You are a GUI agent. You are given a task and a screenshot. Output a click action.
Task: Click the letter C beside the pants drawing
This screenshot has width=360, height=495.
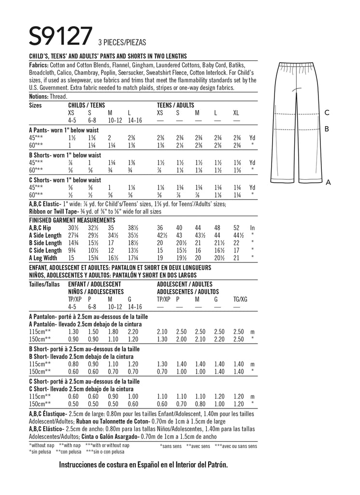(327, 113)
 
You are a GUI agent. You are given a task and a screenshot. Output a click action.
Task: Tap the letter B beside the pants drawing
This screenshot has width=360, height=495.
(327, 129)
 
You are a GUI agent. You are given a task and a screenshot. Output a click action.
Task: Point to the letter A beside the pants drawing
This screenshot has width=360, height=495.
(328, 182)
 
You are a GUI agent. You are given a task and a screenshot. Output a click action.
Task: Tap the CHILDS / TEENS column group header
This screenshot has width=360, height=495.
(87, 105)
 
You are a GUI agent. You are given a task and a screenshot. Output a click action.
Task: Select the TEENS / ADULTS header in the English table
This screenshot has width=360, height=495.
(176, 105)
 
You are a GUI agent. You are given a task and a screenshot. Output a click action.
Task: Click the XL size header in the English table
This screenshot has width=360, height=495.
(236, 113)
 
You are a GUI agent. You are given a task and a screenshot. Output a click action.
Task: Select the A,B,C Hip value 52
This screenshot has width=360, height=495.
(236, 227)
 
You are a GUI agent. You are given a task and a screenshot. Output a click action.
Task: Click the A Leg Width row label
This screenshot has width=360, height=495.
(45, 258)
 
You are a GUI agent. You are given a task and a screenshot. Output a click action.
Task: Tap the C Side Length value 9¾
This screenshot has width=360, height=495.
(72, 250)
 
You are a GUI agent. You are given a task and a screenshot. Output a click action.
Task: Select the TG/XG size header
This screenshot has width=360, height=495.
(240, 300)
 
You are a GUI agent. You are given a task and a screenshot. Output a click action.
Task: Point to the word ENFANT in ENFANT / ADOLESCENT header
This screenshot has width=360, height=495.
(79, 284)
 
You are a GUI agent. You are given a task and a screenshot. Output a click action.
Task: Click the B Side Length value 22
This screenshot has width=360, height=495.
(236, 243)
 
